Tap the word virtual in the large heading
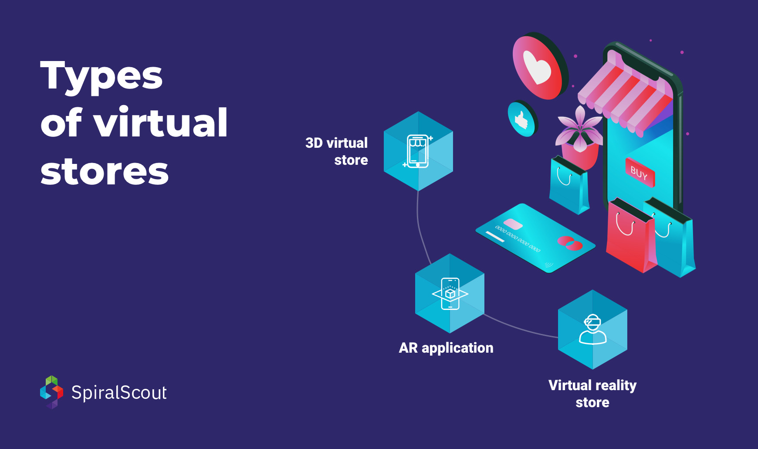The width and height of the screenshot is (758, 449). click(161, 123)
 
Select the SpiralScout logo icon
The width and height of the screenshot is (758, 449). click(51, 392)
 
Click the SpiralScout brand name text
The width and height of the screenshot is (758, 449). click(119, 393)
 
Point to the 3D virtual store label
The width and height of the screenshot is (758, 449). click(336, 151)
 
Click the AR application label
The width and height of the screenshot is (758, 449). click(446, 348)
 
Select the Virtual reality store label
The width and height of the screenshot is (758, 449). click(592, 393)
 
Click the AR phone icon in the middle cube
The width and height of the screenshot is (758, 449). click(450, 294)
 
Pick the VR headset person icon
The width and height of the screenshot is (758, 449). click(592, 330)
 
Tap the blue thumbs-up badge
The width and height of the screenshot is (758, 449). click(521, 119)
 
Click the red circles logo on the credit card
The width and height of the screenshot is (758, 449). click(570, 243)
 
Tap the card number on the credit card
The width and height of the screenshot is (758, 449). click(518, 239)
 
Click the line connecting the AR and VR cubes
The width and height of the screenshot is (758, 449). click(521, 328)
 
